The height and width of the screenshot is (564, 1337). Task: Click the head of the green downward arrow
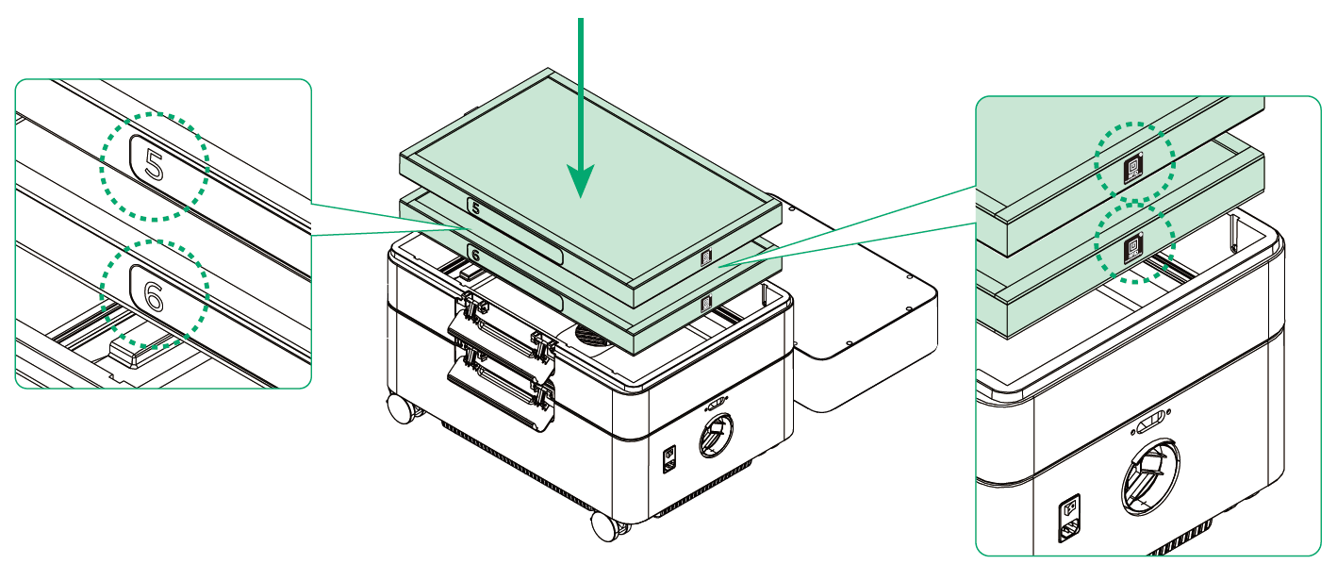[x=580, y=179]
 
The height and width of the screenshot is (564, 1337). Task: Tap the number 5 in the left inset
[x=154, y=165]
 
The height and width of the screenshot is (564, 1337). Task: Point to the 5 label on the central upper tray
[x=476, y=208]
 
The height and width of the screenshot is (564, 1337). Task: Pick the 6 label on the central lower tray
[x=476, y=256]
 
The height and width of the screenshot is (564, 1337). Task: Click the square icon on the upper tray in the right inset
[x=1133, y=169]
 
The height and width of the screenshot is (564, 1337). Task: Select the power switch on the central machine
[x=669, y=459]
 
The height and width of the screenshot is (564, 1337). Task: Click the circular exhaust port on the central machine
[x=717, y=435]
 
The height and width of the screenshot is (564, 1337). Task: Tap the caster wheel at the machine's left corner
[x=402, y=408]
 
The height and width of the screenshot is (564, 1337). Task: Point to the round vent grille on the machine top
[x=591, y=337]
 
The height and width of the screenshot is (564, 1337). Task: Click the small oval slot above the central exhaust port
[x=717, y=404]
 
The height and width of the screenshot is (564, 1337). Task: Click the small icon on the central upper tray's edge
[x=707, y=257]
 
